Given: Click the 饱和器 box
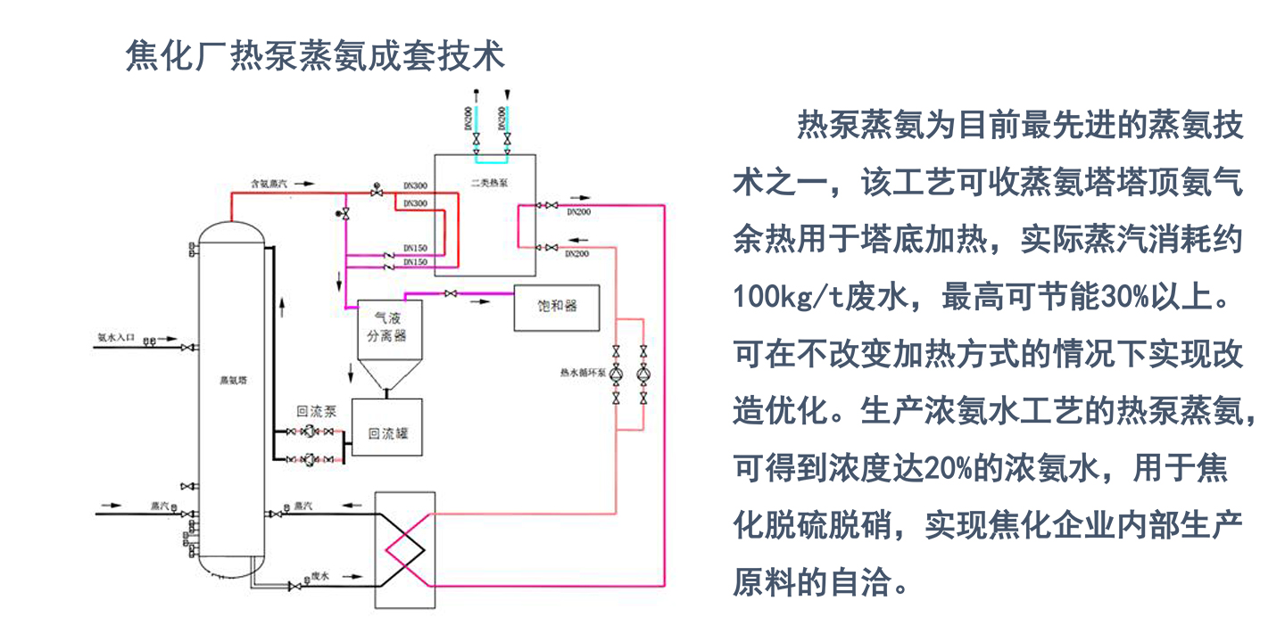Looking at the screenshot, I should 557,306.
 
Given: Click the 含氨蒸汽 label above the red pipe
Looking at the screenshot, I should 268,183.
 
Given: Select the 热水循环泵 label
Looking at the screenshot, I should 582,372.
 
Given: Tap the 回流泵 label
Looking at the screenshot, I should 316,412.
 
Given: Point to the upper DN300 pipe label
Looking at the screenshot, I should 415,186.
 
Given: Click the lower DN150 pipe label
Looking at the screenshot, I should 415,262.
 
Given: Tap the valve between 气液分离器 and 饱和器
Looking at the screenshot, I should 451,294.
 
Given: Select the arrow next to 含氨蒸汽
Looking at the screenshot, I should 304,183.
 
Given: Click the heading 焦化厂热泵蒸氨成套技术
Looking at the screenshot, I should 316,55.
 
